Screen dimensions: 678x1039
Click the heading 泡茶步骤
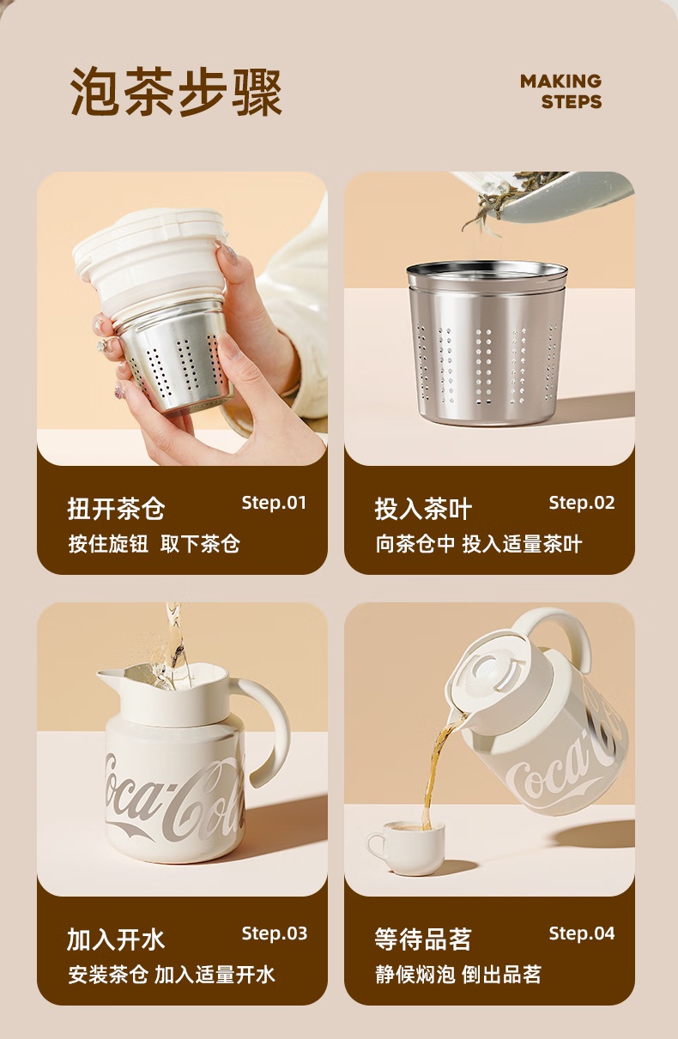click(x=176, y=92)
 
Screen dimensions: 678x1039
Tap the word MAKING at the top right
click(x=560, y=82)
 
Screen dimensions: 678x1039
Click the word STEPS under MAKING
click(x=572, y=101)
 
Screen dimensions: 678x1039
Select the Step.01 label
click(x=274, y=503)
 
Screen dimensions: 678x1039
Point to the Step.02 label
click(x=582, y=503)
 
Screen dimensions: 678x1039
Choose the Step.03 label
click(x=275, y=933)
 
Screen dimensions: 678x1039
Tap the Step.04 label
click(x=582, y=933)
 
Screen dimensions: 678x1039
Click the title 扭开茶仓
click(x=116, y=509)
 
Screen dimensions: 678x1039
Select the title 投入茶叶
click(x=423, y=509)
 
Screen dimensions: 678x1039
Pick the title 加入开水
click(x=116, y=939)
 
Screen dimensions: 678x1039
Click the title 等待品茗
click(x=423, y=939)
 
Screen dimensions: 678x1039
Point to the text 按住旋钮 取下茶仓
click(x=154, y=544)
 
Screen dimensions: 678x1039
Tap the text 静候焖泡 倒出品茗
click(x=458, y=974)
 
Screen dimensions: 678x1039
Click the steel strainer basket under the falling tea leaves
click(x=487, y=343)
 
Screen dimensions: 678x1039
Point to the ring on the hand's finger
click(x=103, y=345)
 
